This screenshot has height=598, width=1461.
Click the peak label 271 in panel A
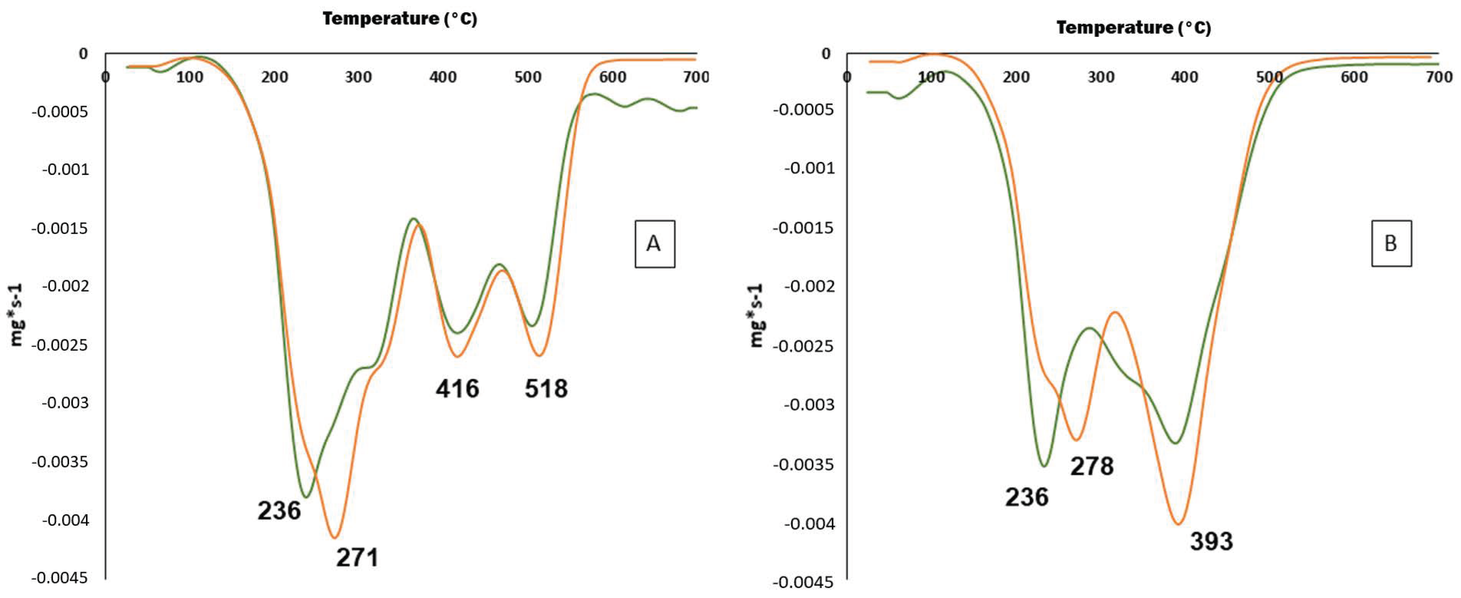(x=357, y=557)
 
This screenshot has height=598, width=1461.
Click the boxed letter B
(x=1391, y=243)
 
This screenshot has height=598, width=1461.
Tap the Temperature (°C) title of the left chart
(x=400, y=19)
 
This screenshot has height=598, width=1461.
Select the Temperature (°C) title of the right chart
(x=1133, y=28)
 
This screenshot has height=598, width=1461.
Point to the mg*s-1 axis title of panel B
(x=757, y=315)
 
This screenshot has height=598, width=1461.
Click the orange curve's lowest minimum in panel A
(x=335, y=537)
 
